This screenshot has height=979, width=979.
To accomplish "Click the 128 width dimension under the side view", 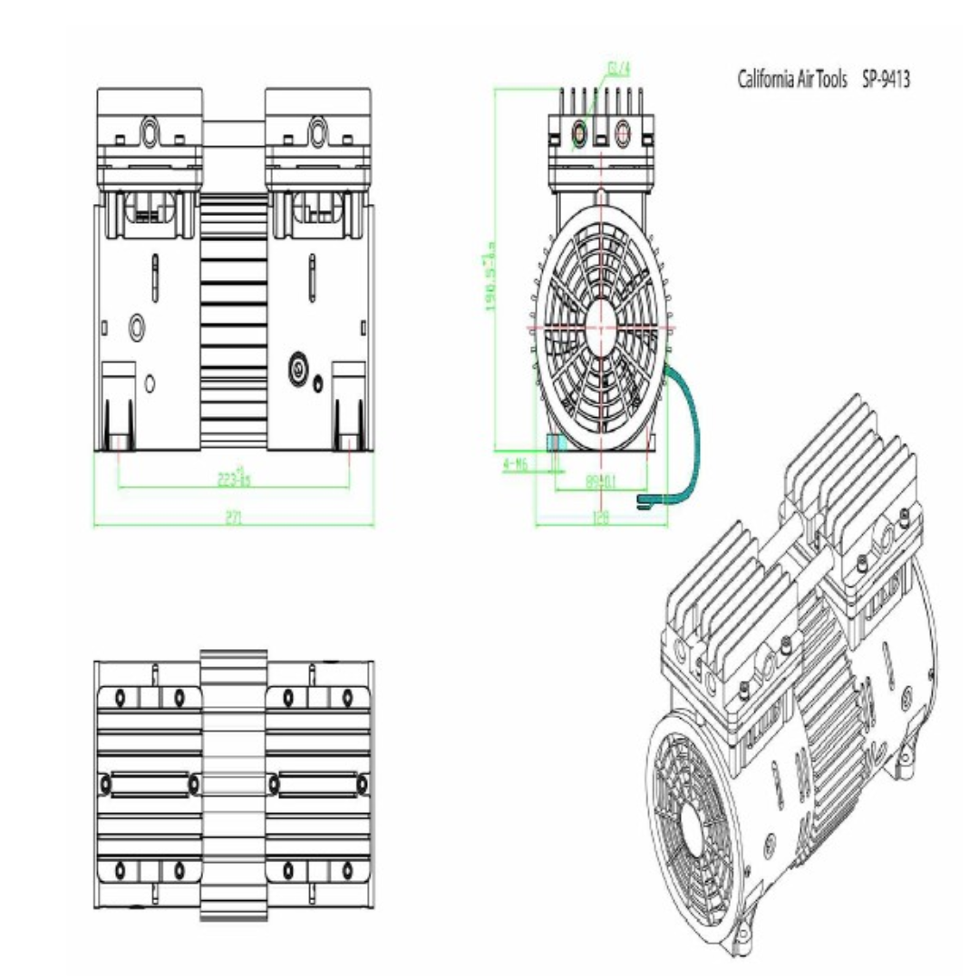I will tap(600, 518).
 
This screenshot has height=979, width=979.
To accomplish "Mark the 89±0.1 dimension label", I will tap(600, 481).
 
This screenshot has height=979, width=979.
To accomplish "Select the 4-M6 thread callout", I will tap(515, 464).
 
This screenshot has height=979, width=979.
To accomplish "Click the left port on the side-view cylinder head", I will tap(579, 134).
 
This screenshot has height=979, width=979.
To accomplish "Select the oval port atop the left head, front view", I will tap(148, 131).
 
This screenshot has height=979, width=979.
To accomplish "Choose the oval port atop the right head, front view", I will tap(317, 131).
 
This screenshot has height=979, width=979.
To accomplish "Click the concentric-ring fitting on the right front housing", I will tap(298, 367).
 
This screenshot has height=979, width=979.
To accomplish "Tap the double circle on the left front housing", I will tap(137, 325).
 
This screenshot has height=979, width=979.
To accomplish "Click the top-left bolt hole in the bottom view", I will tap(120, 697).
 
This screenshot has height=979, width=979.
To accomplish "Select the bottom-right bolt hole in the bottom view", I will tap(346, 871).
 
